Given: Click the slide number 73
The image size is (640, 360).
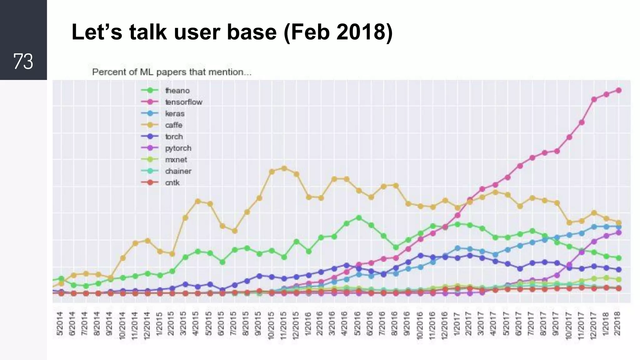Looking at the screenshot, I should click(x=23, y=61).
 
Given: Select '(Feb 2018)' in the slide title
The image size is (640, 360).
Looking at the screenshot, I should click(x=338, y=32).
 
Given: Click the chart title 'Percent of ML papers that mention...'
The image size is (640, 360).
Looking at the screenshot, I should click(x=172, y=72).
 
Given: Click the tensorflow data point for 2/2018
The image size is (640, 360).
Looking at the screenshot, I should click(x=618, y=90).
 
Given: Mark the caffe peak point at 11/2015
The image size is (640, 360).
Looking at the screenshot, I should click(x=284, y=168).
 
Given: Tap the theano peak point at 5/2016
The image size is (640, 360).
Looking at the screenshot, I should click(x=359, y=218).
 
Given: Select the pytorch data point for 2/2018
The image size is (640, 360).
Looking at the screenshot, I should click(x=618, y=233).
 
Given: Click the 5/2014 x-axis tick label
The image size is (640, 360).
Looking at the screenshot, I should click(x=60, y=324).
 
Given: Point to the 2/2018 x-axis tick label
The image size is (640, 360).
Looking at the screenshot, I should click(x=617, y=324).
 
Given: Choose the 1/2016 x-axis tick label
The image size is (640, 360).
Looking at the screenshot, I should click(x=308, y=324).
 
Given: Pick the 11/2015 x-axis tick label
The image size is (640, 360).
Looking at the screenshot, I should click(x=283, y=325).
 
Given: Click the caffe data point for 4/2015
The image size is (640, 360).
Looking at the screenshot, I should click(x=197, y=201).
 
